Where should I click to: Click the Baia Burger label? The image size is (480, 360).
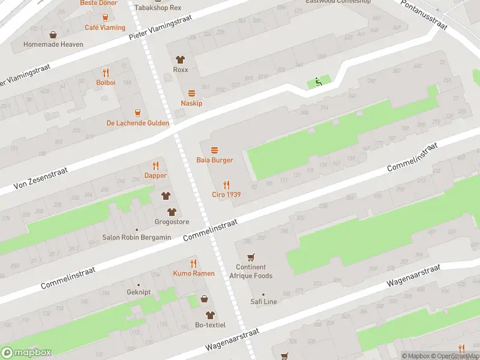tap(214, 160)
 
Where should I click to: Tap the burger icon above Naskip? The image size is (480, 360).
tap(191, 93)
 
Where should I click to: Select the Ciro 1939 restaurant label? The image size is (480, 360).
tap(226, 194)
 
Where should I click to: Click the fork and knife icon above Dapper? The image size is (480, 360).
tap(155, 166)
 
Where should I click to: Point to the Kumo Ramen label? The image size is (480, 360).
tap(194, 273)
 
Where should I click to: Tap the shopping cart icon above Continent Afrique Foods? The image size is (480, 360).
tap(251, 257)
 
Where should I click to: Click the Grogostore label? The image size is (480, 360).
tap(172, 222)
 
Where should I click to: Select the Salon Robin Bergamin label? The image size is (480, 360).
tap(136, 238)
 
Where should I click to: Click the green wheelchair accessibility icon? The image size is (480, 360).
tap(319, 82)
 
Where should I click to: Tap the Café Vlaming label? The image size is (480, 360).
tap(105, 28)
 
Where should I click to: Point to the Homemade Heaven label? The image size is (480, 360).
tap(53, 44)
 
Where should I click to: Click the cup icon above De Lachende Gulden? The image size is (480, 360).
tap(137, 112)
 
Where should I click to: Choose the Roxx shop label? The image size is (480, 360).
tap(180, 70)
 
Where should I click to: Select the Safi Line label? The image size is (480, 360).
tap(263, 302)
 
